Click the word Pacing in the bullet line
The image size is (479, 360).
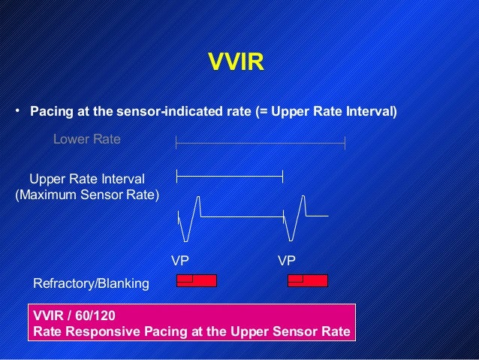[51, 113]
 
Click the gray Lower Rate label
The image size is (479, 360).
[86, 140]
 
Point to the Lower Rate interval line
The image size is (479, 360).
[261, 141]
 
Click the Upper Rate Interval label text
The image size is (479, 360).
[86, 178]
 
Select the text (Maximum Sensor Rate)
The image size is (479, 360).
[87, 195]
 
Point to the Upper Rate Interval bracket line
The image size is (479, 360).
[230, 176]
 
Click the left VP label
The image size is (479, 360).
[180, 261]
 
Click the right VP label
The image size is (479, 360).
[287, 261]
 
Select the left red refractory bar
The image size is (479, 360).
[196, 280]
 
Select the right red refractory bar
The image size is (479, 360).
[308, 280]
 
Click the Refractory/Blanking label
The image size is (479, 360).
[92, 284]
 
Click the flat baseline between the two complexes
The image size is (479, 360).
[244, 217]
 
